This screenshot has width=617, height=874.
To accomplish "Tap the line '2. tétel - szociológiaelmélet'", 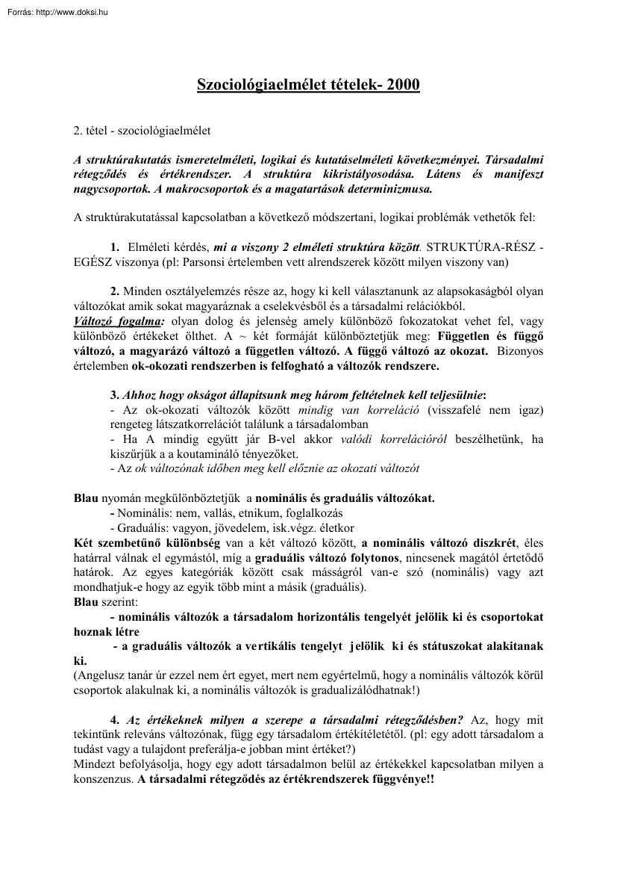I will coord(142,131).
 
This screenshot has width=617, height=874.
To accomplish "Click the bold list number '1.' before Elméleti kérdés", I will coord(114,246).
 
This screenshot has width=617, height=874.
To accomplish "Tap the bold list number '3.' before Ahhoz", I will coord(114,394).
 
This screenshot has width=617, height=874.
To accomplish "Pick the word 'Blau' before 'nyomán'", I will coord(86,498).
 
